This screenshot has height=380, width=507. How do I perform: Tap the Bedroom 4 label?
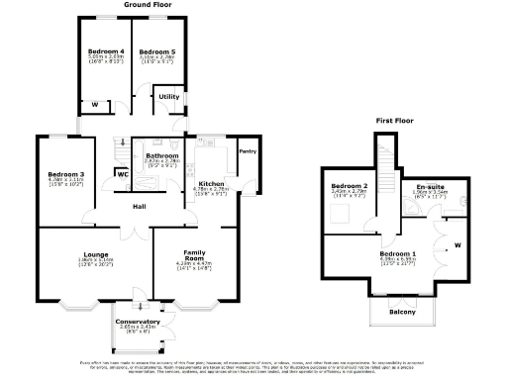[x=106, y=50]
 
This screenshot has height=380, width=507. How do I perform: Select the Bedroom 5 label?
[x=155, y=50]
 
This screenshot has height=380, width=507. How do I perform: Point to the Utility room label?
[x=168, y=96]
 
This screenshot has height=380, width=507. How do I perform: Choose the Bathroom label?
[x=160, y=155]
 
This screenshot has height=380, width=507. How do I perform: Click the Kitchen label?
[x=212, y=183]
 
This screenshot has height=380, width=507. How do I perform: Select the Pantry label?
[x=248, y=151]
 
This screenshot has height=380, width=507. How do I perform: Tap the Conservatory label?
[x=138, y=322]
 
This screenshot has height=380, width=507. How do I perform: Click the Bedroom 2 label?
[x=350, y=187]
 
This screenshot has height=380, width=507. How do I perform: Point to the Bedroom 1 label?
[x=398, y=253]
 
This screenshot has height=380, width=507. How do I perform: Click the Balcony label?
[x=402, y=313]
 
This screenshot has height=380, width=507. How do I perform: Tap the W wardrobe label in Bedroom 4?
[x=94, y=104]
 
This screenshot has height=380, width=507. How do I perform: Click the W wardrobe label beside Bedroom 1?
[x=456, y=244]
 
